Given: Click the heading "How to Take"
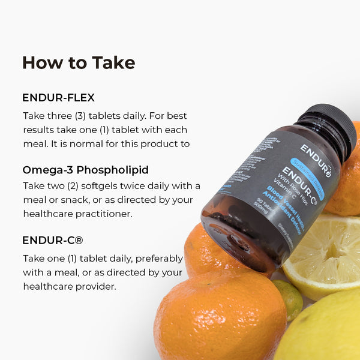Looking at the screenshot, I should click(x=79, y=62).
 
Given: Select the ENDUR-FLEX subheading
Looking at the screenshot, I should click(x=58, y=97).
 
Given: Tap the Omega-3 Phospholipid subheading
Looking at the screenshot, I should click(x=85, y=169).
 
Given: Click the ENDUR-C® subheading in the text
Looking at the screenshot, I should click(x=52, y=240).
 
